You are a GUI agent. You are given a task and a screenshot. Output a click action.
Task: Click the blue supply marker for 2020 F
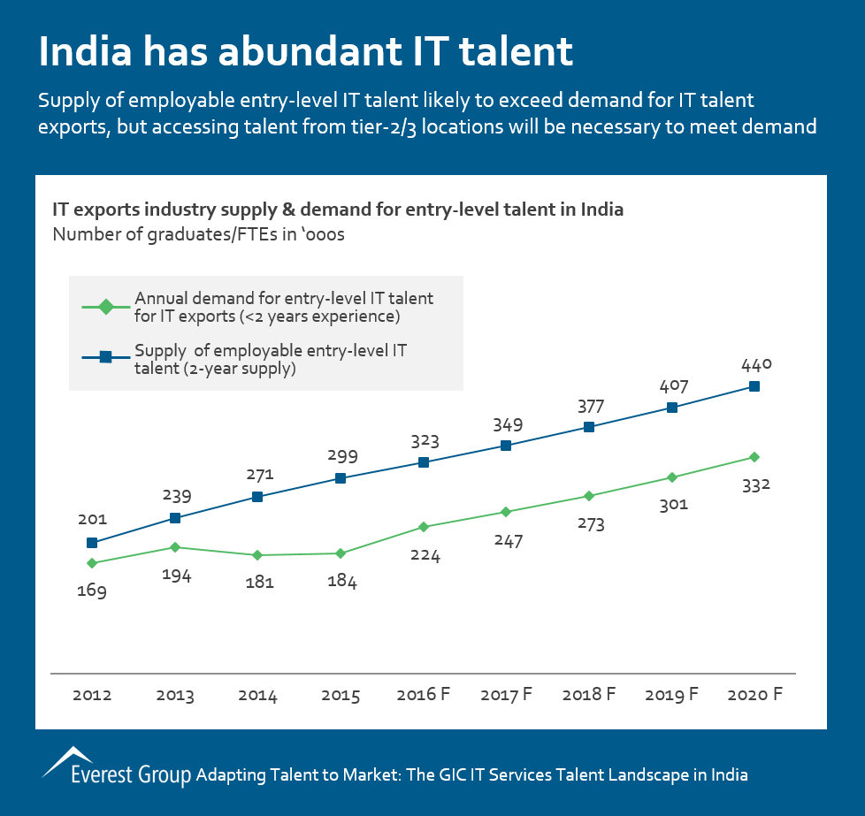[x=754, y=386]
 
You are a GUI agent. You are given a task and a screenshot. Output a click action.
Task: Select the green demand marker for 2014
[x=257, y=555]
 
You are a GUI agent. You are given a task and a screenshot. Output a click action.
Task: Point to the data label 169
[x=91, y=591]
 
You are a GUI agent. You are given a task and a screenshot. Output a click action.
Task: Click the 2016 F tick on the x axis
[x=423, y=695]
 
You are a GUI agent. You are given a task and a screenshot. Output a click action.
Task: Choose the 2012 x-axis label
[x=91, y=695]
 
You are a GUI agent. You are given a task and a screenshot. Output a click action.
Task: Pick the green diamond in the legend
[x=104, y=308]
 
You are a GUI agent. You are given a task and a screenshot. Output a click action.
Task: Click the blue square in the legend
[x=104, y=357]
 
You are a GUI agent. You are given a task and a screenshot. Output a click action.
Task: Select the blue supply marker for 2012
[x=91, y=543]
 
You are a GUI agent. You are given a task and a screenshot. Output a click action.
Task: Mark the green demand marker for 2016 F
[x=424, y=527]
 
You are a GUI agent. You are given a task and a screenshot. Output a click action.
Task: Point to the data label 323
[x=424, y=440]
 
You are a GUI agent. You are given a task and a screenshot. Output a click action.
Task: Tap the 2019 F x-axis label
[x=672, y=695]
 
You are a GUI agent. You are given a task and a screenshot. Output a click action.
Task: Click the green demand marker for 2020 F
[x=754, y=457]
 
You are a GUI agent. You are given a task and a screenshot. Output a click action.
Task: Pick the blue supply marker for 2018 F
[x=589, y=427]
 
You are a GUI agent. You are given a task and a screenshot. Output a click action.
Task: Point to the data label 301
[x=672, y=505]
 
